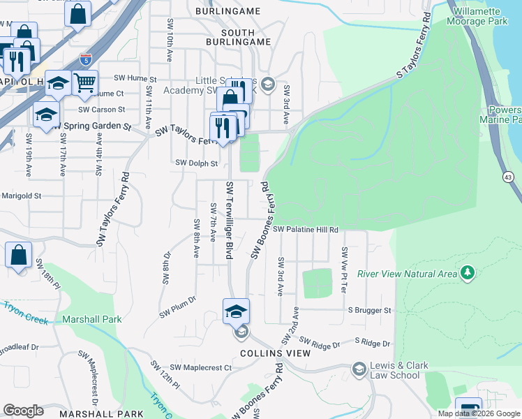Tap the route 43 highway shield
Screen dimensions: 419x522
click(507, 179)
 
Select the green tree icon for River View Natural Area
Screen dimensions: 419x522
click(468, 272)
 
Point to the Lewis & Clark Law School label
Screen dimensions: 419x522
click(396, 371)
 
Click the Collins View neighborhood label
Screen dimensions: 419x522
click(274, 353)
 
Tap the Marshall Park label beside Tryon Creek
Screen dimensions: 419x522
click(92, 319)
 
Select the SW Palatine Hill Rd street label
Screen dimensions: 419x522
click(305, 229)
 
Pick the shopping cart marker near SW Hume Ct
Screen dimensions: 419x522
click(85, 84)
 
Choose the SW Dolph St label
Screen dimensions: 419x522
click(197, 163)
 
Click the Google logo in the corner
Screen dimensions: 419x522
click(23, 411)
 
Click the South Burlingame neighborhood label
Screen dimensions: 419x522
click(236, 33)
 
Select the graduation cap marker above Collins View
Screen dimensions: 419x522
click(237, 311)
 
